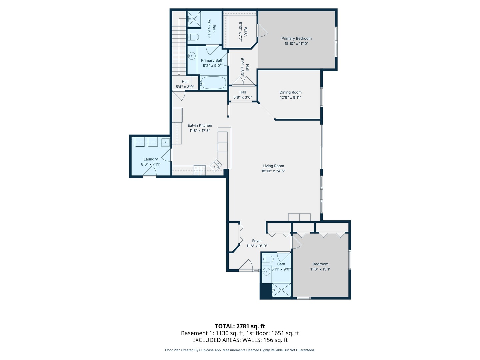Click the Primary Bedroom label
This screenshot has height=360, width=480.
[x=296, y=38]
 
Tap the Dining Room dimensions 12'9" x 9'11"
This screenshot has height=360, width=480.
[x=290, y=98]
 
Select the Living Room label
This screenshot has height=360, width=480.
[x=273, y=166]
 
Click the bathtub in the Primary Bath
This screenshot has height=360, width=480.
[x=213, y=83]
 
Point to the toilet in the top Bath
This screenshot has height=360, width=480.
[x=193, y=37]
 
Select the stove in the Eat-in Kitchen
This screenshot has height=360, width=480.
[x=199, y=170]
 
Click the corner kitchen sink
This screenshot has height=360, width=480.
[x=216, y=165]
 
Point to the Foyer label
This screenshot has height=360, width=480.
[x=257, y=241]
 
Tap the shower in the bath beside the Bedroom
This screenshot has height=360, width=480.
[x=281, y=290]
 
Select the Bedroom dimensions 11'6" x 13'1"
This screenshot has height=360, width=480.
[x=320, y=269]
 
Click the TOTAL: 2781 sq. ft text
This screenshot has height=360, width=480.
[x=240, y=326]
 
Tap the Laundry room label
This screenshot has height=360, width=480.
[x=151, y=159]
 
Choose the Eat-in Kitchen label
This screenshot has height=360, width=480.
[x=200, y=125]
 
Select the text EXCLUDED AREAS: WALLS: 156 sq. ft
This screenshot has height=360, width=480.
[x=240, y=340]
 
